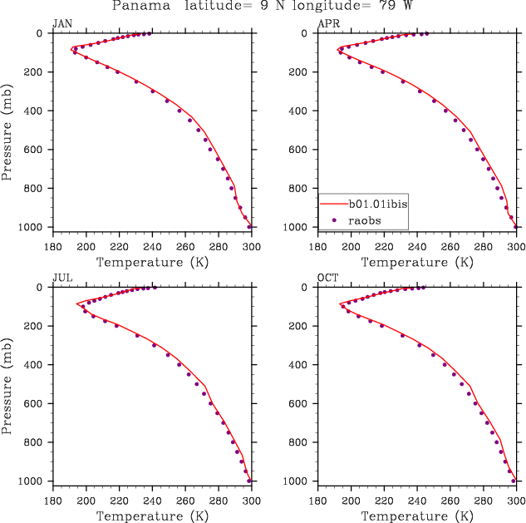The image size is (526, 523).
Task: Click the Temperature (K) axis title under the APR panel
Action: pyautogui.click(x=418, y=263)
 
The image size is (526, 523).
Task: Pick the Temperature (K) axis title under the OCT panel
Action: pyautogui.click(x=418, y=516)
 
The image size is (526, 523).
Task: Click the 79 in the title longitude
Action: pyautogui.click(x=372, y=6)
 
